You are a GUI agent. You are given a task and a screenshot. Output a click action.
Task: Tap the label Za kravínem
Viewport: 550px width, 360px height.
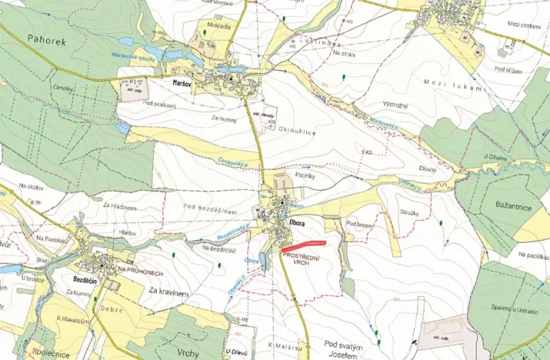pos(168,291)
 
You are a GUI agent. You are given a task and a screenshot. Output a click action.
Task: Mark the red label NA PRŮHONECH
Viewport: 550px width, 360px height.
pos(139,269)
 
